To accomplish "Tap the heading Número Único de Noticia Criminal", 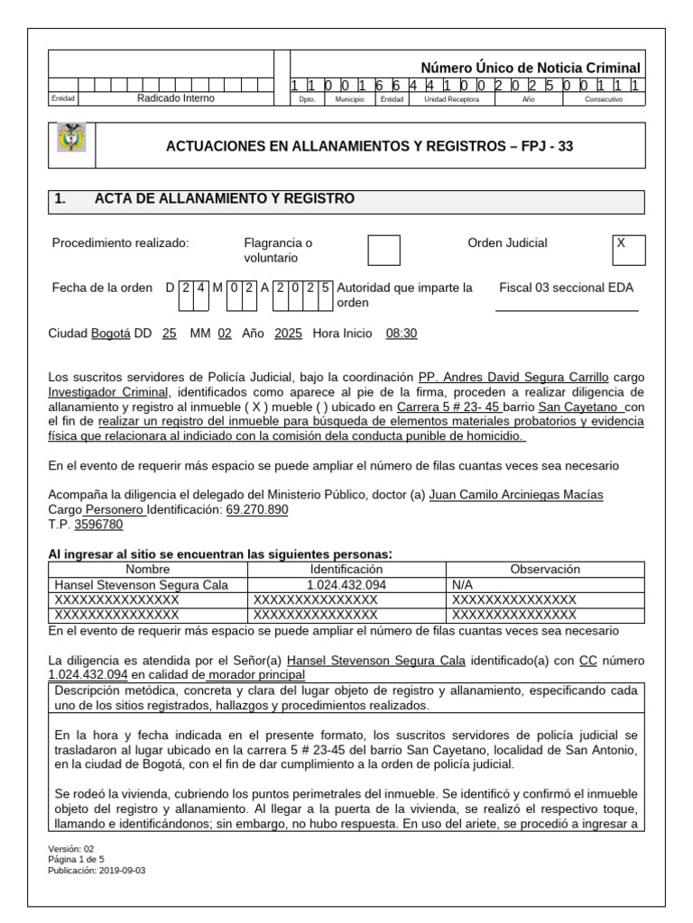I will click(531, 69).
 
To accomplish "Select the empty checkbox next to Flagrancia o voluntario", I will click(383, 251).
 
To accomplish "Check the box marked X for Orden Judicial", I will click(629, 250).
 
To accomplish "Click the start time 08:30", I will click(402, 334).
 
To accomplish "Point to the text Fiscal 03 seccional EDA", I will click(567, 288).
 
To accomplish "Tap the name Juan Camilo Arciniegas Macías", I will click(516, 495).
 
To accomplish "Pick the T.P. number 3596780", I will click(98, 524).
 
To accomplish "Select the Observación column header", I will click(544, 570).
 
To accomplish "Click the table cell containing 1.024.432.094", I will click(346, 585).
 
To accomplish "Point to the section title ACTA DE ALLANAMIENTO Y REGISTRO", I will click(224, 199).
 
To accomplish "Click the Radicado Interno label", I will click(175, 99).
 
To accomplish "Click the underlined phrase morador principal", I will click(256, 675).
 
